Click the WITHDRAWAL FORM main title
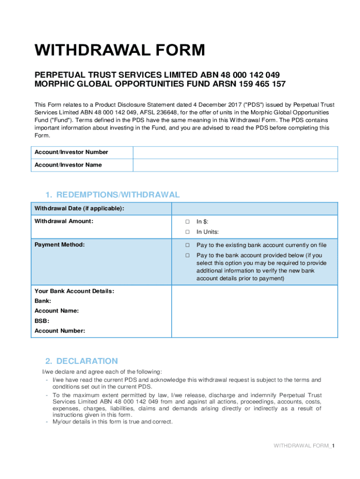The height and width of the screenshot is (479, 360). click(120, 50)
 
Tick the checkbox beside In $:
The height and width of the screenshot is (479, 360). click(187, 222)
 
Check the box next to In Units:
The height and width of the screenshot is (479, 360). click(187, 232)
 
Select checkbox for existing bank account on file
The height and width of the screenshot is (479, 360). click(187, 245)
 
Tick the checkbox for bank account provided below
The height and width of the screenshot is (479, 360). click(187, 255)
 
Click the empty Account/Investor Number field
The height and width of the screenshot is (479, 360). click(235, 152)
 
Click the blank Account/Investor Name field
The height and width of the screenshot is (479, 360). click(235, 165)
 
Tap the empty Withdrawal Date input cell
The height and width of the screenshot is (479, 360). click(255, 209)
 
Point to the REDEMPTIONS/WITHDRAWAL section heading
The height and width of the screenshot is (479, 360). click(112, 195)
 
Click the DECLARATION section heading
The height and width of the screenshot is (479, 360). click(81, 361)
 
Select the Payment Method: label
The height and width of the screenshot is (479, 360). click(60, 245)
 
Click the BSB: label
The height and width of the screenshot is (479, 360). click(42, 321)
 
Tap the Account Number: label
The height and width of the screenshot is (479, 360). click(60, 331)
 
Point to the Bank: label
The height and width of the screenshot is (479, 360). click(43, 301)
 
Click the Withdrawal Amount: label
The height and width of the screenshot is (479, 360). click(64, 221)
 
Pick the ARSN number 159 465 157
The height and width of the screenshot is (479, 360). click(262, 84)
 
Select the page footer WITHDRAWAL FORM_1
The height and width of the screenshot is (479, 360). click(304, 446)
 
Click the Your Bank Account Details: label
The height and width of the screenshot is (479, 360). click(74, 291)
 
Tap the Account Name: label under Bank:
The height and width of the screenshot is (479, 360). click(57, 311)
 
